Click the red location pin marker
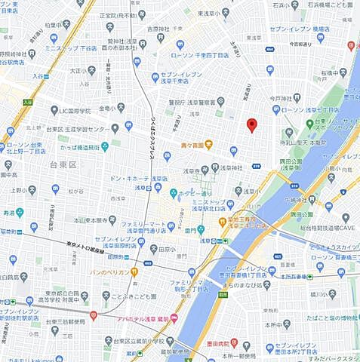tap(252, 125)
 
